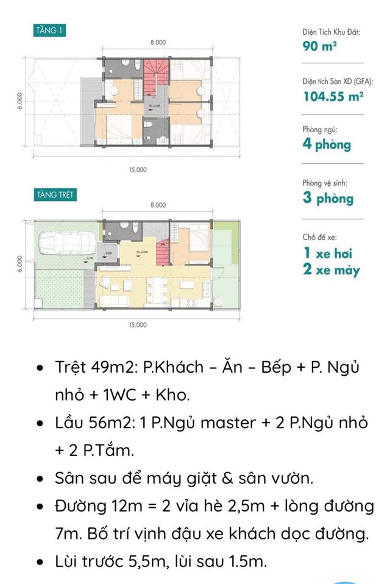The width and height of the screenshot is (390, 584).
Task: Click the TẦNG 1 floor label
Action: pyautogui.click(x=50, y=30)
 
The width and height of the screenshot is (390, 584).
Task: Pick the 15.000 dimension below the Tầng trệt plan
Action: pyautogui.click(x=138, y=325)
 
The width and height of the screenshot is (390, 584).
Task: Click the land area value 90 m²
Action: pyautogui.click(x=320, y=46)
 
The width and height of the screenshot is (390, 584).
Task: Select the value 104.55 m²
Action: pyautogui.click(x=333, y=96)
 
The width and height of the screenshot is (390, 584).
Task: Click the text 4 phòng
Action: pyautogui.click(x=327, y=145)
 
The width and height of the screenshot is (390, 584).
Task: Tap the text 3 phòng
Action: pyautogui.click(x=328, y=199)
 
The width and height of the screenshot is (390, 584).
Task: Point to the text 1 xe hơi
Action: pyautogui.click(x=327, y=253)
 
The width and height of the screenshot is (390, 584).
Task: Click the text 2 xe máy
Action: pyautogui.click(x=331, y=270)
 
